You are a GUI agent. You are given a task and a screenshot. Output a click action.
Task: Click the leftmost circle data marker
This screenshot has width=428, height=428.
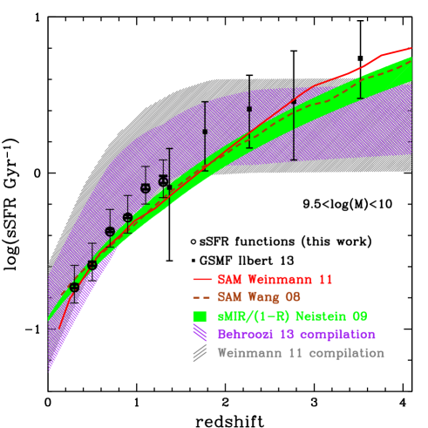tap(74, 287)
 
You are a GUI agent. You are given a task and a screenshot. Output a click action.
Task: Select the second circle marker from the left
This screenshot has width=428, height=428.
tap(92, 265)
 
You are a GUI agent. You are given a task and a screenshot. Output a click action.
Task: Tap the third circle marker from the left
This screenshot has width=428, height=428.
tap(110, 231)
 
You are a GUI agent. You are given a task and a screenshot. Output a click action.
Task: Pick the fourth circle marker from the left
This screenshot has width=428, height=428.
tap(127, 217)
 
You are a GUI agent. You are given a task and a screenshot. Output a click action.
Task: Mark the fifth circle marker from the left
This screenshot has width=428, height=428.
tap(146, 188)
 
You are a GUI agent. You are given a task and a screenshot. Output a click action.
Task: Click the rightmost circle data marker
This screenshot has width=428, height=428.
tap(163, 181)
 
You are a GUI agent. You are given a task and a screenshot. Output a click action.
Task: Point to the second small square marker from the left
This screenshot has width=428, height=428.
tap(205, 132)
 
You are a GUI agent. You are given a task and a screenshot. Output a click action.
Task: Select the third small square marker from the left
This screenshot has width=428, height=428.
tap(249, 109)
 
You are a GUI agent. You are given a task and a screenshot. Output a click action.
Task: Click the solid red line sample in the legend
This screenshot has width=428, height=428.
tap(202, 280)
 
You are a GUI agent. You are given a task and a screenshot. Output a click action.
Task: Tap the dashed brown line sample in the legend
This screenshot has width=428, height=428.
tap(202, 298)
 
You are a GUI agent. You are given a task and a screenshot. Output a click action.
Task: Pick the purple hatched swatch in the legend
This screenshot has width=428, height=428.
tap(200, 334)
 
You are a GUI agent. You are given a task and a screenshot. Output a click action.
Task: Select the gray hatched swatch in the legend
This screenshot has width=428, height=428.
tap(200, 353)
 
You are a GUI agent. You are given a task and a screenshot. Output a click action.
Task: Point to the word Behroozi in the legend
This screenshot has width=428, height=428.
tap(246, 334)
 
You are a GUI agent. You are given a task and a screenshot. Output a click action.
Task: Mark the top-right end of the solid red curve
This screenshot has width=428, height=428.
tap(411, 49)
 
